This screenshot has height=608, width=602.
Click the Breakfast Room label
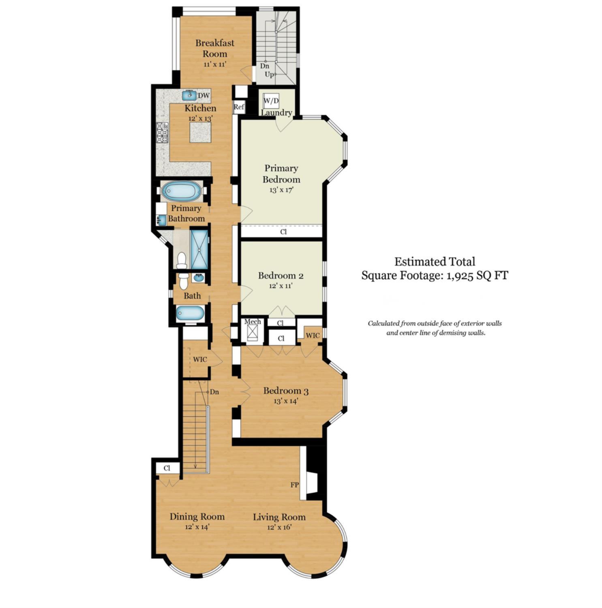214,48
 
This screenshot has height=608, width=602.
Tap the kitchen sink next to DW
189,95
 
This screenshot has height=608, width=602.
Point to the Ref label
239,107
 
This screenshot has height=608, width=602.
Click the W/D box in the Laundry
271,101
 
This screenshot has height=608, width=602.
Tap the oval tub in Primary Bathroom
181,191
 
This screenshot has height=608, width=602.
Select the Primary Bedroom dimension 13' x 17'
281,190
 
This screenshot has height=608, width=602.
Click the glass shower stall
199,249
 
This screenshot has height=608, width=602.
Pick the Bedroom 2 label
281,276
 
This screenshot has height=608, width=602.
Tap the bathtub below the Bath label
190,314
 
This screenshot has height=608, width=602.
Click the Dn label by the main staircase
214,392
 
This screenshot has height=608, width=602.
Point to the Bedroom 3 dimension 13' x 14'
286,401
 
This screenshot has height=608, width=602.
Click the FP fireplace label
295,485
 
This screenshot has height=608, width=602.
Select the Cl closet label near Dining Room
167,468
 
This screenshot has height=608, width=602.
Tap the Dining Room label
197,517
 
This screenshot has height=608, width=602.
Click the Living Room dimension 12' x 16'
279,527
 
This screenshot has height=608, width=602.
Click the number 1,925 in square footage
460,276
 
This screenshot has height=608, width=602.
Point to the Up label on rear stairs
269,75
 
